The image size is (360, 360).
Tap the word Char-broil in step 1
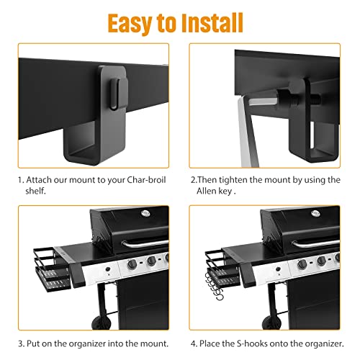pyautogui.click(x=146, y=180)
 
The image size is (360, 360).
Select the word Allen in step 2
pyautogui.click(x=206, y=191)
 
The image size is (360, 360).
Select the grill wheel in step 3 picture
pyautogui.click(x=101, y=323)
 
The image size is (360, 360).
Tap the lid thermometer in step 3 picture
pyautogui.click(x=145, y=213)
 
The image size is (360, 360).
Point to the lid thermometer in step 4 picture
pyautogui.click(x=315, y=213)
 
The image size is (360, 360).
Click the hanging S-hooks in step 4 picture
pyautogui.click(x=215, y=287)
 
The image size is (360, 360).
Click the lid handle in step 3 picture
pyautogui.click(x=145, y=243)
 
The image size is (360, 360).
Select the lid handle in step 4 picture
pyautogui.click(x=315, y=243)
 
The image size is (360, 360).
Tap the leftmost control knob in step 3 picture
pyautogui.click(x=132, y=264)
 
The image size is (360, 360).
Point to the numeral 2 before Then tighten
pyautogui.click(x=193, y=180)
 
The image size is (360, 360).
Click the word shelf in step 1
pyautogui.click(x=35, y=191)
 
